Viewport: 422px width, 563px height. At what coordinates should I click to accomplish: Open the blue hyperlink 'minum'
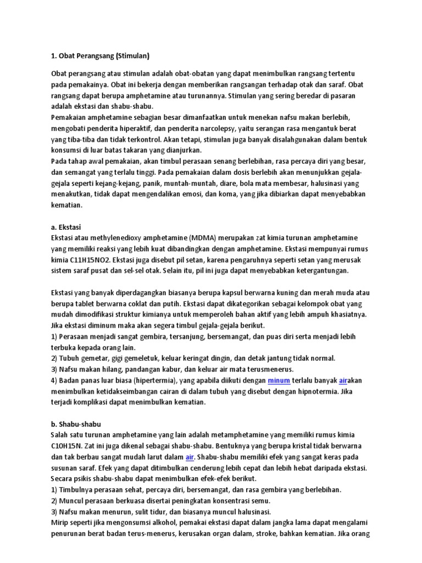[x=279, y=380]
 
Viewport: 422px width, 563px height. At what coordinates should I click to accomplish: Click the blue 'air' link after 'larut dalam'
[x=190, y=457]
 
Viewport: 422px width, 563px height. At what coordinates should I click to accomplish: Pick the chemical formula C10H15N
[x=69, y=446]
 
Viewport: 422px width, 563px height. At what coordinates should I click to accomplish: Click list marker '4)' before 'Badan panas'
[x=54, y=380]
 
